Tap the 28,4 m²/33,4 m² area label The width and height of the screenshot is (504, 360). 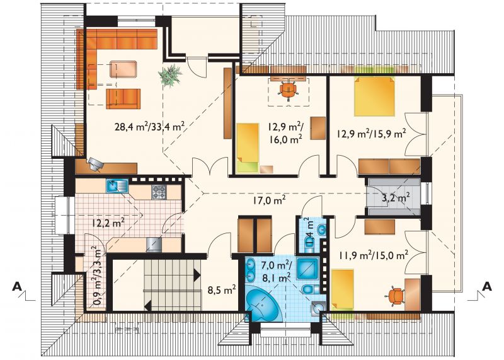[x=149, y=127]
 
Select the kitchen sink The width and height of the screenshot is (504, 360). [x=117, y=185]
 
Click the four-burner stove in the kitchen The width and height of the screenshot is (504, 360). [x=159, y=192]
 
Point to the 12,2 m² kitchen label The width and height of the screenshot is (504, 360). [x=108, y=223]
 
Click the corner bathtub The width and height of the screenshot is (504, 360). [x=263, y=303]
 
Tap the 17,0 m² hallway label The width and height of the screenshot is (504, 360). [x=270, y=200]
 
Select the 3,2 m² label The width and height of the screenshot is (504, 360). [x=396, y=197]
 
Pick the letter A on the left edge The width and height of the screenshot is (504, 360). [x=17, y=286]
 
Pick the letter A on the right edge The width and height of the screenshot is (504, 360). [x=487, y=286]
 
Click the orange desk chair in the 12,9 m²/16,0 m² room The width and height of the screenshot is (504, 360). [x=288, y=90]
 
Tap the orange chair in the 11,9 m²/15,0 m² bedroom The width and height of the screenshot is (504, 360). [x=397, y=296]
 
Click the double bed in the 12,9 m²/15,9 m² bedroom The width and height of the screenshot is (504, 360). [x=374, y=96]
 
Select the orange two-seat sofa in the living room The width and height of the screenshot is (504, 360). [x=123, y=99]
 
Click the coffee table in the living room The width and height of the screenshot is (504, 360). [x=123, y=69]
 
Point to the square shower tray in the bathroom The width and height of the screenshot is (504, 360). [x=307, y=268]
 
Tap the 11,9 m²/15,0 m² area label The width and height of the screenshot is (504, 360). [x=374, y=255]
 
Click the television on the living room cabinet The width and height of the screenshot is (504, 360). [x=96, y=163]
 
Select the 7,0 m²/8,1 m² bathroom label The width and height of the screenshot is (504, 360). [x=276, y=272]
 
